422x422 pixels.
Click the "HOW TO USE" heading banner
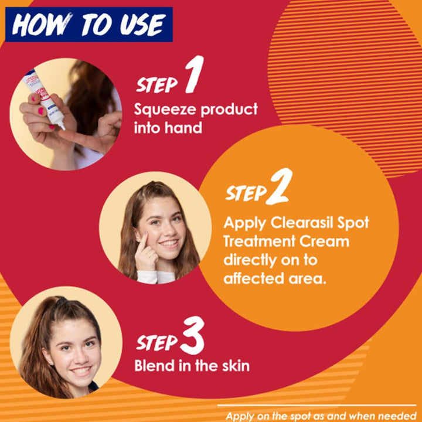89,25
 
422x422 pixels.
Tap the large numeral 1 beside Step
195,74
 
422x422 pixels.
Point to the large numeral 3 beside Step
192,335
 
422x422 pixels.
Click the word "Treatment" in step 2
259,241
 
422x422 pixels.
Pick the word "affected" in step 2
254,278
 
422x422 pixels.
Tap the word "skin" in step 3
236,366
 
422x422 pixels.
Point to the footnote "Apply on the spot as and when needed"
321,416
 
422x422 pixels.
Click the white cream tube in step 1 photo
44,99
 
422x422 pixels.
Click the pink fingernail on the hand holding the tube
40,111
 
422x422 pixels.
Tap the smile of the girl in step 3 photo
81,371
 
